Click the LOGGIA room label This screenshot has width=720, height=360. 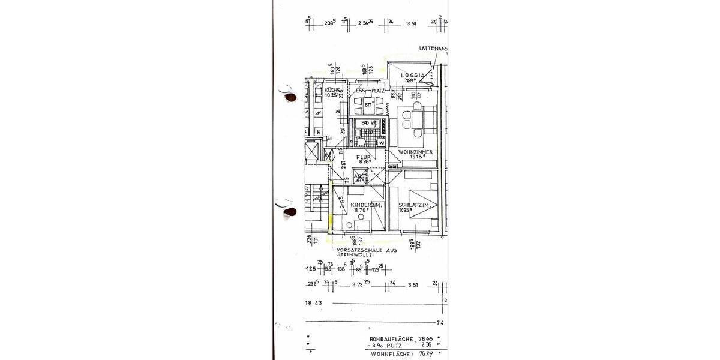pyautogui.click(x=413, y=76)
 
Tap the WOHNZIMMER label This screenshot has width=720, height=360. pyautogui.click(x=416, y=152)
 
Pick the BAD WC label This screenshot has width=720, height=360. pyautogui.click(x=370, y=122)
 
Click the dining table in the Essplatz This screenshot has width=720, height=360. pyautogui.click(x=367, y=107)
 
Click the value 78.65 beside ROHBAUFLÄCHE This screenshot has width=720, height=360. pyautogui.click(x=425, y=339)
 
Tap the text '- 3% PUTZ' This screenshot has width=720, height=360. pyautogui.click(x=386, y=346)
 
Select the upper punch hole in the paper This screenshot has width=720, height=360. pyautogui.click(x=289, y=96)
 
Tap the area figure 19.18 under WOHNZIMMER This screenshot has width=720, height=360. pyautogui.click(x=418, y=158)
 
